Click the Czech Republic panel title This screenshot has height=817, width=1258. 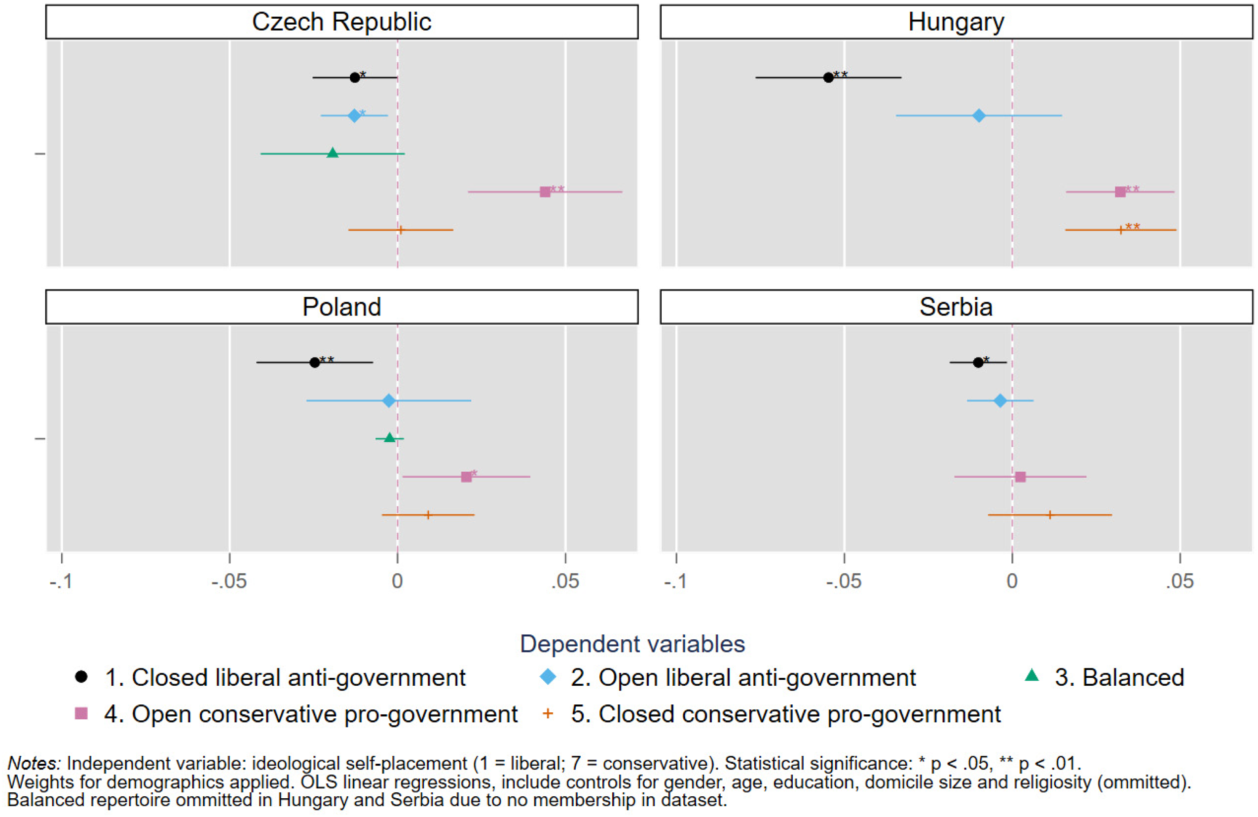(x=341, y=22)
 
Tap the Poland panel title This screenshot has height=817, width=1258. (x=341, y=307)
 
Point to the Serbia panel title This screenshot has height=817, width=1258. (x=956, y=307)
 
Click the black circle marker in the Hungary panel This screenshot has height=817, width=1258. (x=828, y=77)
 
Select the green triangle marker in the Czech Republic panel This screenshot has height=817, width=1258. (x=333, y=153)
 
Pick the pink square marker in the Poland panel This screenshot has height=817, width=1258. (x=466, y=477)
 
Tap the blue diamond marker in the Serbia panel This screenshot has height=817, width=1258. (x=999, y=401)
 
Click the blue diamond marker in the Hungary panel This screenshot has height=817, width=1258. (x=979, y=116)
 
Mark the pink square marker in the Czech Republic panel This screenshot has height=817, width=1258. (x=545, y=192)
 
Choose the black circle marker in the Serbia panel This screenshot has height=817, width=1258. (x=978, y=362)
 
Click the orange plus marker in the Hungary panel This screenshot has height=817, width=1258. (x=1120, y=230)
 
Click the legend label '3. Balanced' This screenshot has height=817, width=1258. (x=1119, y=677)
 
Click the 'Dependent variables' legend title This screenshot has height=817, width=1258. (x=632, y=644)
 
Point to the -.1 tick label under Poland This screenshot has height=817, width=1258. (x=61, y=582)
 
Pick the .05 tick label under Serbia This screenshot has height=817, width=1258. (x=1180, y=582)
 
